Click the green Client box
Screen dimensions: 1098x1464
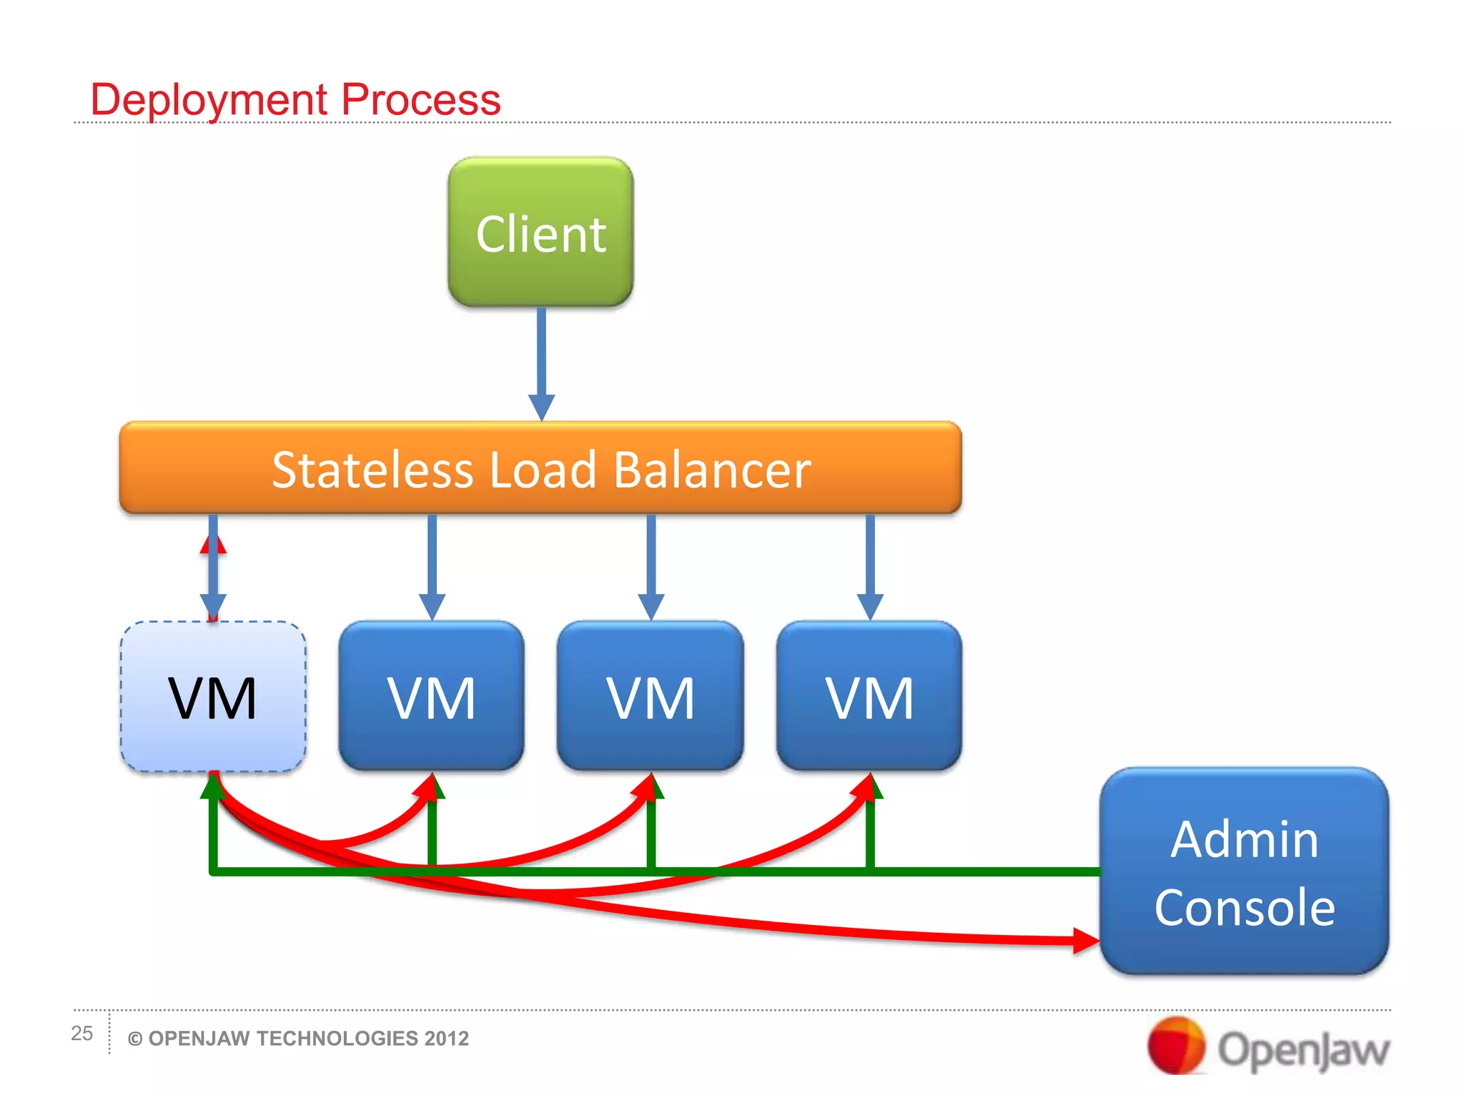[x=540, y=232]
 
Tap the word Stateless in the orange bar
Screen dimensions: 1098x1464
[x=372, y=470]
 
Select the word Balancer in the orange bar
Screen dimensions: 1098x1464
[x=712, y=470]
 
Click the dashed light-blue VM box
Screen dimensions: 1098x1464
[x=213, y=696]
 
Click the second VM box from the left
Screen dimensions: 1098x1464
[x=431, y=696]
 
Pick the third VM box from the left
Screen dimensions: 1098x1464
[x=651, y=696]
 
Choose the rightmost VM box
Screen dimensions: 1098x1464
[x=869, y=696]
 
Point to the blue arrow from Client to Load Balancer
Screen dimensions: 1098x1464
[x=541, y=357]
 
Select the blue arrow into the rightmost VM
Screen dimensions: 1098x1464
[x=869, y=565]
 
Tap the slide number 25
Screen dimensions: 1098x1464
[x=81, y=1033]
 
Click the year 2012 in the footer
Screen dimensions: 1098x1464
[x=446, y=1039]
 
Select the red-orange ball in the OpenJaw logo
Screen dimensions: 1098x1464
[x=1175, y=1045]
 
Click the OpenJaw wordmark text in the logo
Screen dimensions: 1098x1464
[x=1302, y=1049]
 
